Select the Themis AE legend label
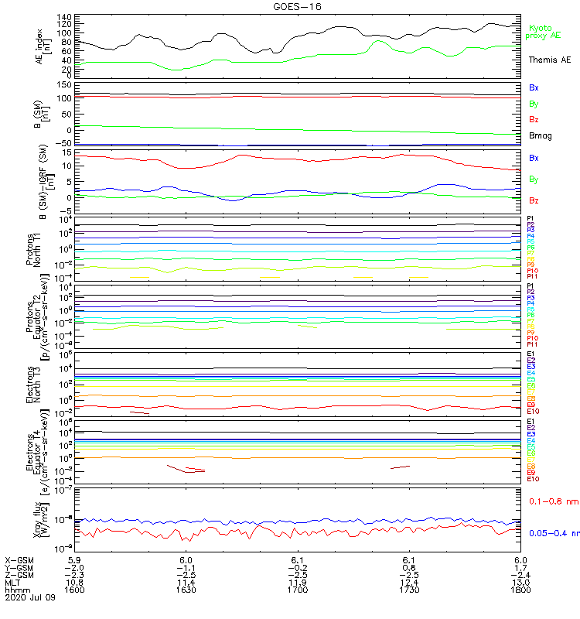(549, 60)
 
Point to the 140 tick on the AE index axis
(65, 16)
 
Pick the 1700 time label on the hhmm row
(298, 590)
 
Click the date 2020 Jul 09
(30, 597)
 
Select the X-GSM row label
(20, 559)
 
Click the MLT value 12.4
(409, 582)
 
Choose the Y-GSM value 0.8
(409, 567)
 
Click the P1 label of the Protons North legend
(531, 219)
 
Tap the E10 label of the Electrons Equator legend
(533, 479)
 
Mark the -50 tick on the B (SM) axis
(63, 143)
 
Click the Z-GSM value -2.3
(75, 574)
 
